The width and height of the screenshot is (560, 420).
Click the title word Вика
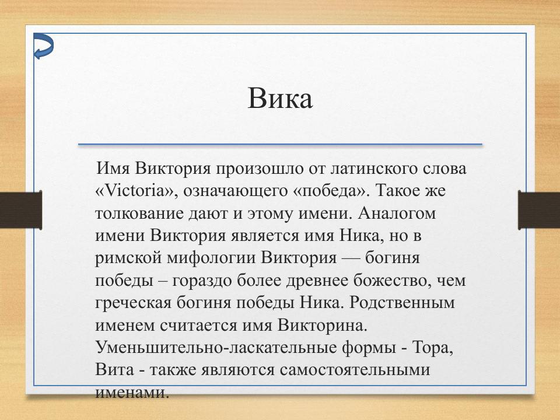280,99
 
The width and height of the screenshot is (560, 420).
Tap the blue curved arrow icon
43,46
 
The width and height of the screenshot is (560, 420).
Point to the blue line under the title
280,144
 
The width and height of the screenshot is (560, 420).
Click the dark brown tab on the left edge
20,209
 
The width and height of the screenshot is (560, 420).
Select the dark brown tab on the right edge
539,209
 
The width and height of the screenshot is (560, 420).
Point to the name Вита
114,370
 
